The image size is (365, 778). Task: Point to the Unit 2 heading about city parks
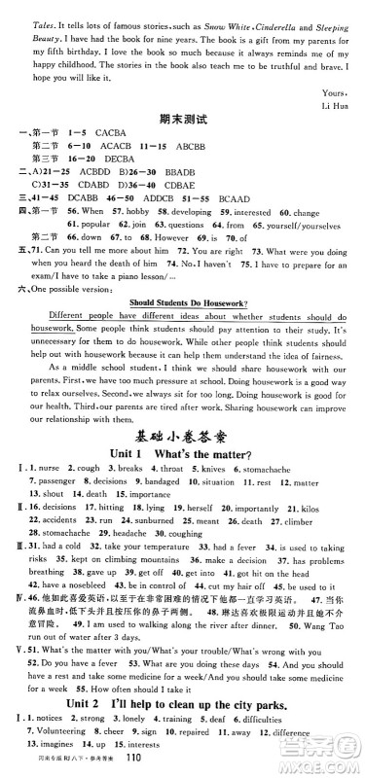(x=185, y=714)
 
